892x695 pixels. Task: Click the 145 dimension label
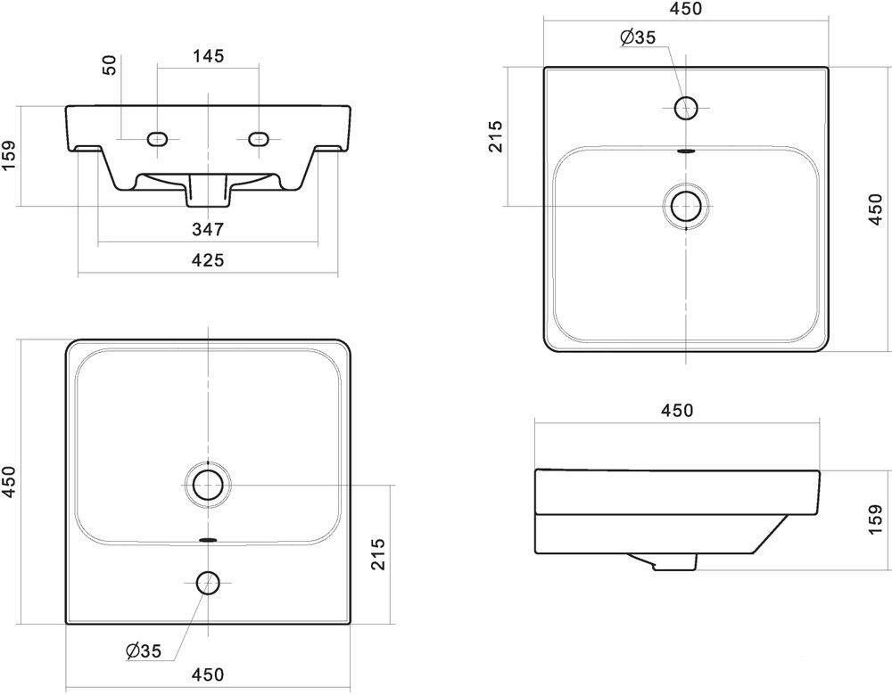coord(207,55)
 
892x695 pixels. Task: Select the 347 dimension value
coord(207,230)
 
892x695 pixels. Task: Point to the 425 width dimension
coord(207,260)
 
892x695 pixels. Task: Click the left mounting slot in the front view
coord(158,138)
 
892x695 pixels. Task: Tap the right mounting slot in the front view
coord(259,138)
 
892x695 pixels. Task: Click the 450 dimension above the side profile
coord(677,410)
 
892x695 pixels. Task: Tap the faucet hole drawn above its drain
coord(685,109)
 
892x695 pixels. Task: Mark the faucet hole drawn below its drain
coord(208,583)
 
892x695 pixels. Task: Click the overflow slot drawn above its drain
coord(685,151)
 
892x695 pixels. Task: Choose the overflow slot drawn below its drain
coord(208,540)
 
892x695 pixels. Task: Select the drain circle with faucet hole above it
coord(685,205)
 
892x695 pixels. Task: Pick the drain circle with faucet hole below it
coord(208,486)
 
